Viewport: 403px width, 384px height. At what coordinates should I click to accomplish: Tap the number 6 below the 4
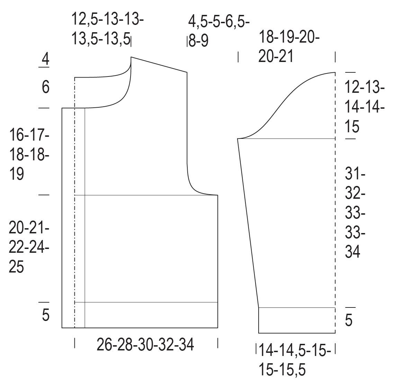click(45, 87)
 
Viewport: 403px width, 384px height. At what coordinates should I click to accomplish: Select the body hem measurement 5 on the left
click(45, 315)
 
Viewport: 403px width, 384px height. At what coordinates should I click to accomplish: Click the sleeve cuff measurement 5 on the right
click(349, 320)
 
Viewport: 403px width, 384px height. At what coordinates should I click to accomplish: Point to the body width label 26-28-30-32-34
click(145, 345)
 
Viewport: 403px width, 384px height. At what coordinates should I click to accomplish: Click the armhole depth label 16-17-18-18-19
click(29, 154)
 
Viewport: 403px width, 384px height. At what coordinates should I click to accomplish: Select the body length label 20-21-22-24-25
click(29, 247)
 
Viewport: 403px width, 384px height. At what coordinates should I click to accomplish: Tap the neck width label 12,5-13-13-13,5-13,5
click(107, 29)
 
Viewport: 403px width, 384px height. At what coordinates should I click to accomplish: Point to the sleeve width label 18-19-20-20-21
click(289, 46)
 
